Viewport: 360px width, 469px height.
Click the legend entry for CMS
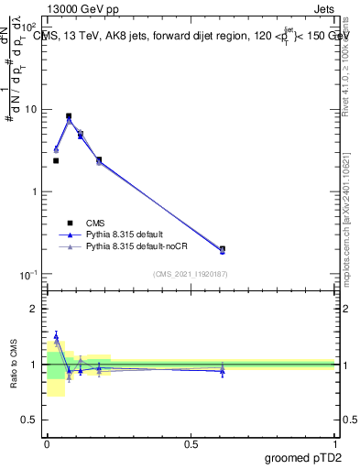pyautogui.click(x=95, y=223)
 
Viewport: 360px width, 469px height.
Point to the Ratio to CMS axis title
pyautogui.click(x=14, y=365)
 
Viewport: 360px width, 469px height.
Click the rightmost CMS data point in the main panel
pyautogui.click(x=223, y=248)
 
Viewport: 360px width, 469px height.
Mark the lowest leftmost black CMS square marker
pyautogui.click(x=56, y=160)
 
